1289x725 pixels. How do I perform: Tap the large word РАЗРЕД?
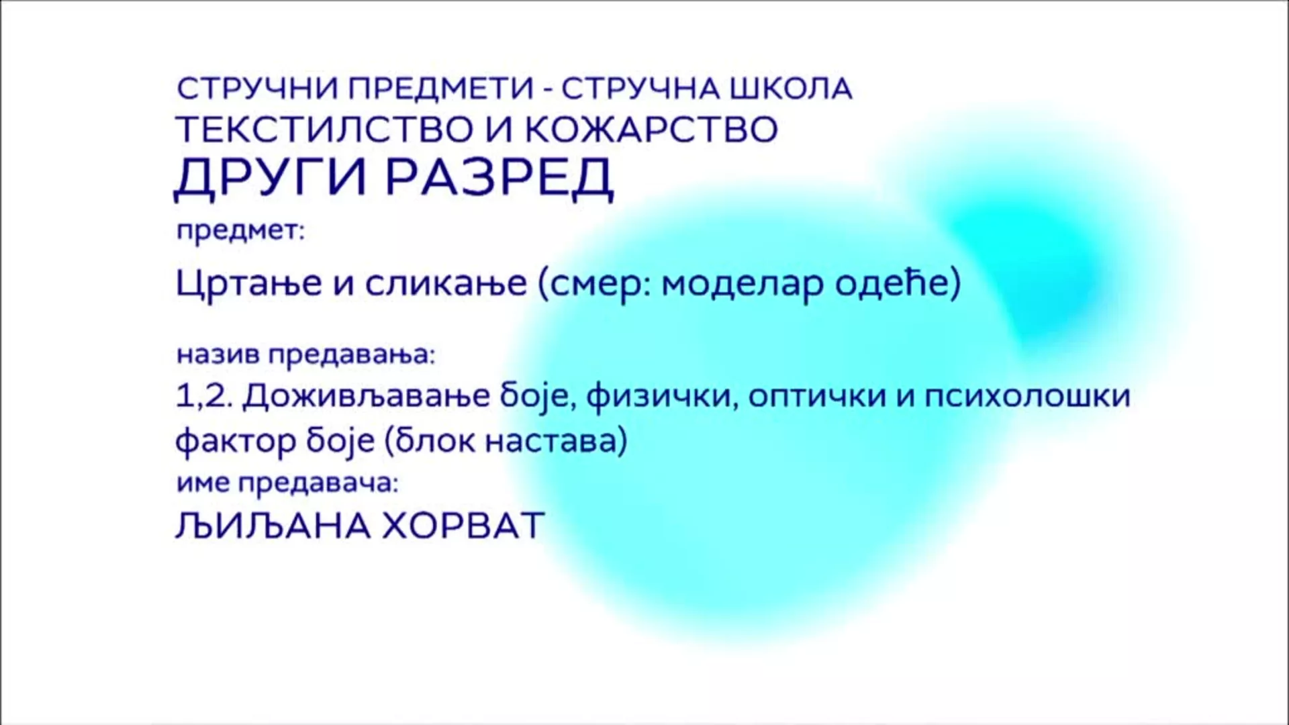click(499, 178)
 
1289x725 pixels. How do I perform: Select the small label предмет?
click(240, 232)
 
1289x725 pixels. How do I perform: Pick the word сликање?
click(446, 283)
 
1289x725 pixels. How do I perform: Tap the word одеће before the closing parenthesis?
click(890, 283)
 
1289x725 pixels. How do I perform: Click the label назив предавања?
click(306, 354)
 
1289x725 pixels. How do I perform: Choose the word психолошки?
click(1028, 397)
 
